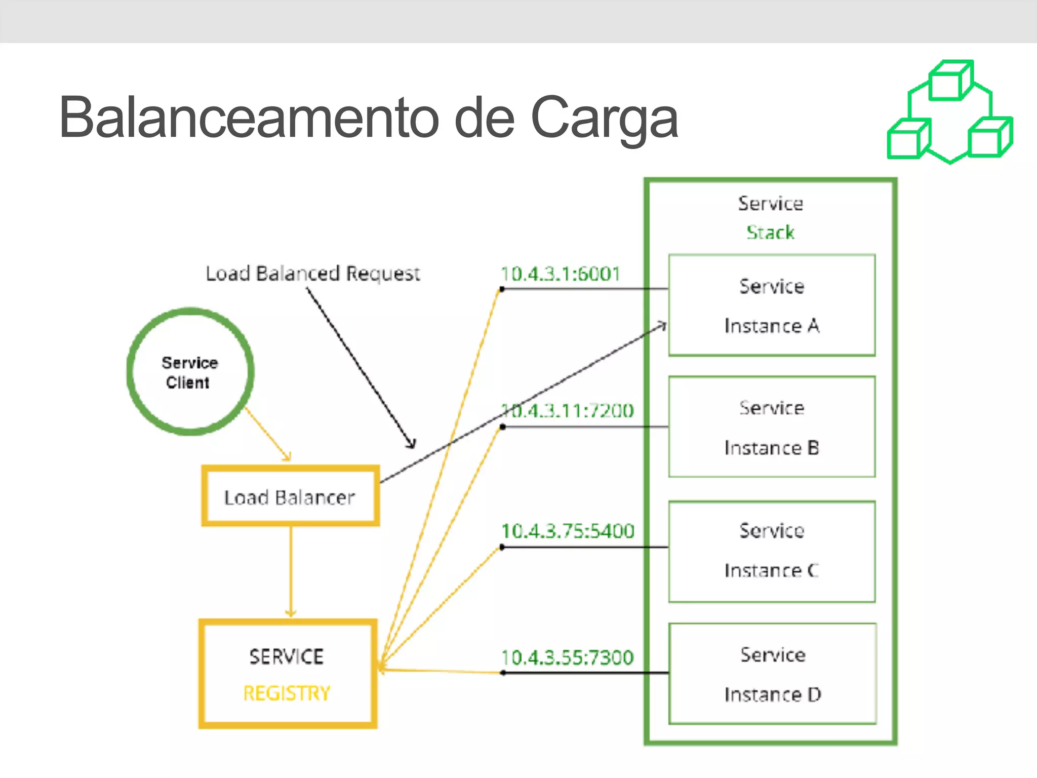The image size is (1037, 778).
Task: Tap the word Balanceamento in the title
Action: [x=248, y=118]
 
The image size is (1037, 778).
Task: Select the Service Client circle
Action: [x=190, y=372]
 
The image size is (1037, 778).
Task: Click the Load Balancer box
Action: [x=290, y=496]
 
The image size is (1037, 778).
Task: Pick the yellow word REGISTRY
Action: [x=287, y=693]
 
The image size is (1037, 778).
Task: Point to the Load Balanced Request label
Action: [x=312, y=274]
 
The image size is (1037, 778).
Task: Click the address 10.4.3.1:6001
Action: [x=560, y=274]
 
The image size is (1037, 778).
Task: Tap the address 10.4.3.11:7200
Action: [x=567, y=410]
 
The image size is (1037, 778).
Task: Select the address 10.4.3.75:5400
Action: [x=567, y=531]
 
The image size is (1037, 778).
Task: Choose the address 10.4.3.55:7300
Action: [x=567, y=657]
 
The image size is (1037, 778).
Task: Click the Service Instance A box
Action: [x=772, y=305]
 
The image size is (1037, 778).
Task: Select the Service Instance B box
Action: [x=772, y=427]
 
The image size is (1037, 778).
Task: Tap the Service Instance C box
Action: [x=772, y=552]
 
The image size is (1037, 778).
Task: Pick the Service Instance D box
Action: [x=772, y=674]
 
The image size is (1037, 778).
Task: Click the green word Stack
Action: [x=770, y=232]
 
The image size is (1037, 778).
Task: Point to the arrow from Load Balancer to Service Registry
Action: [x=291, y=572]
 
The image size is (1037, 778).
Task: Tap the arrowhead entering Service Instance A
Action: [x=662, y=326]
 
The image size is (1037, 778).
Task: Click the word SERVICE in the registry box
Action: [x=286, y=656]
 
